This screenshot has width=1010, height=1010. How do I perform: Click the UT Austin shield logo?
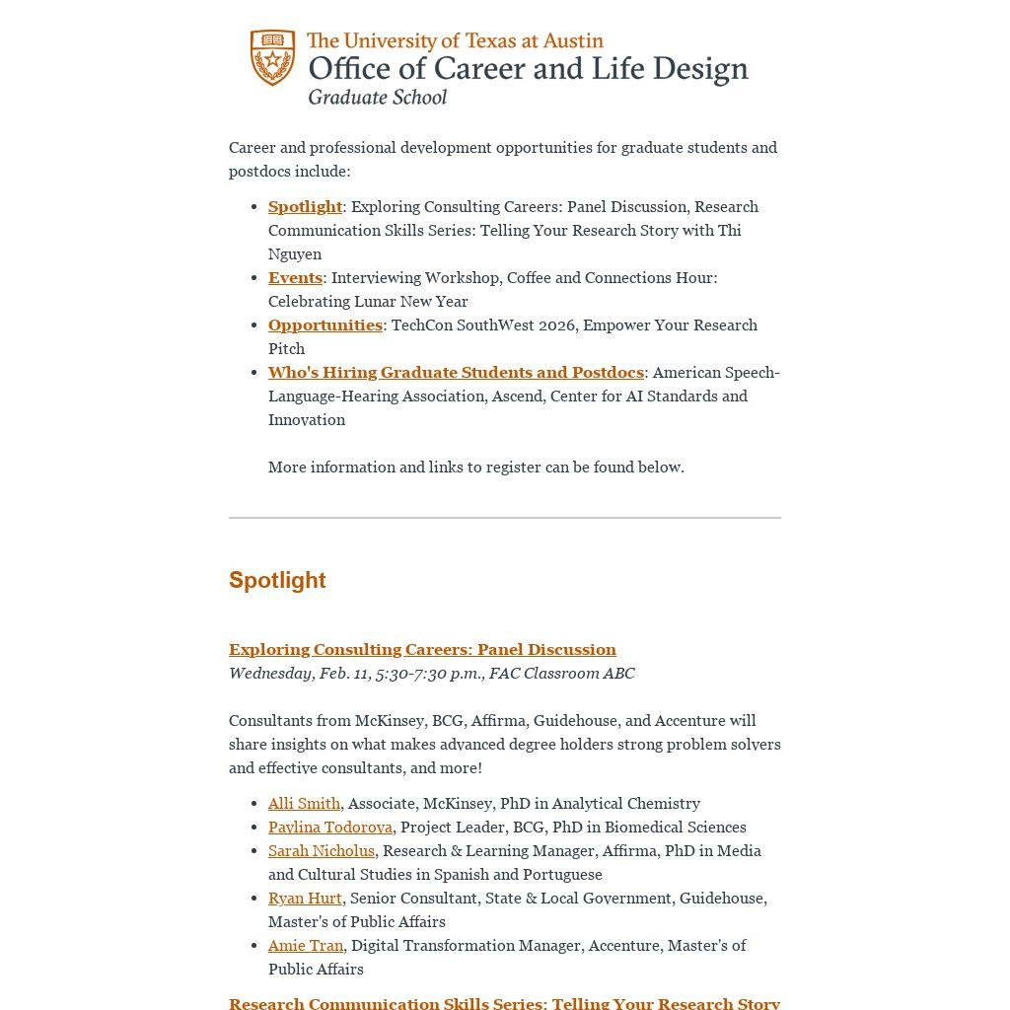(272, 57)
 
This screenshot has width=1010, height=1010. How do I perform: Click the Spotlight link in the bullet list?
(305, 206)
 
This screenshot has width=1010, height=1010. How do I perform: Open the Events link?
(295, 277)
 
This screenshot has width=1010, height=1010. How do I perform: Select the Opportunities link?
(325, 325)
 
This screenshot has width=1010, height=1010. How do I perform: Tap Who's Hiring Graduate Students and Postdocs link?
(456, 372)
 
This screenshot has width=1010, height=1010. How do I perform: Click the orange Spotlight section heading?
(277, 580)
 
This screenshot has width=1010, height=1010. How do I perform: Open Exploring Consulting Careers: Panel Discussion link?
(422, 649)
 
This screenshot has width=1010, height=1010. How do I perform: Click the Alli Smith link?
(304, 803)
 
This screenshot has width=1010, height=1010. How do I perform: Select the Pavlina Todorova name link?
(330, 827)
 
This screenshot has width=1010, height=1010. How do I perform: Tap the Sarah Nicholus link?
(322, 850)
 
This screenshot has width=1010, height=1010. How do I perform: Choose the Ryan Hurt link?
(305, 898)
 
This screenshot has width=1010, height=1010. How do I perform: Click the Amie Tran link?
(306, 945)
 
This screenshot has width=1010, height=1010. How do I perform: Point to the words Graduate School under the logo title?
(377, 97)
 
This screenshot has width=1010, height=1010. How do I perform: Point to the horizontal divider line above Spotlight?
(505, 517)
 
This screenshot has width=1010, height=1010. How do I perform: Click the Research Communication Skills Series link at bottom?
(504, 1002)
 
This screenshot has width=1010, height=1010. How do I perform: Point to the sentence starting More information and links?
(475, 467)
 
